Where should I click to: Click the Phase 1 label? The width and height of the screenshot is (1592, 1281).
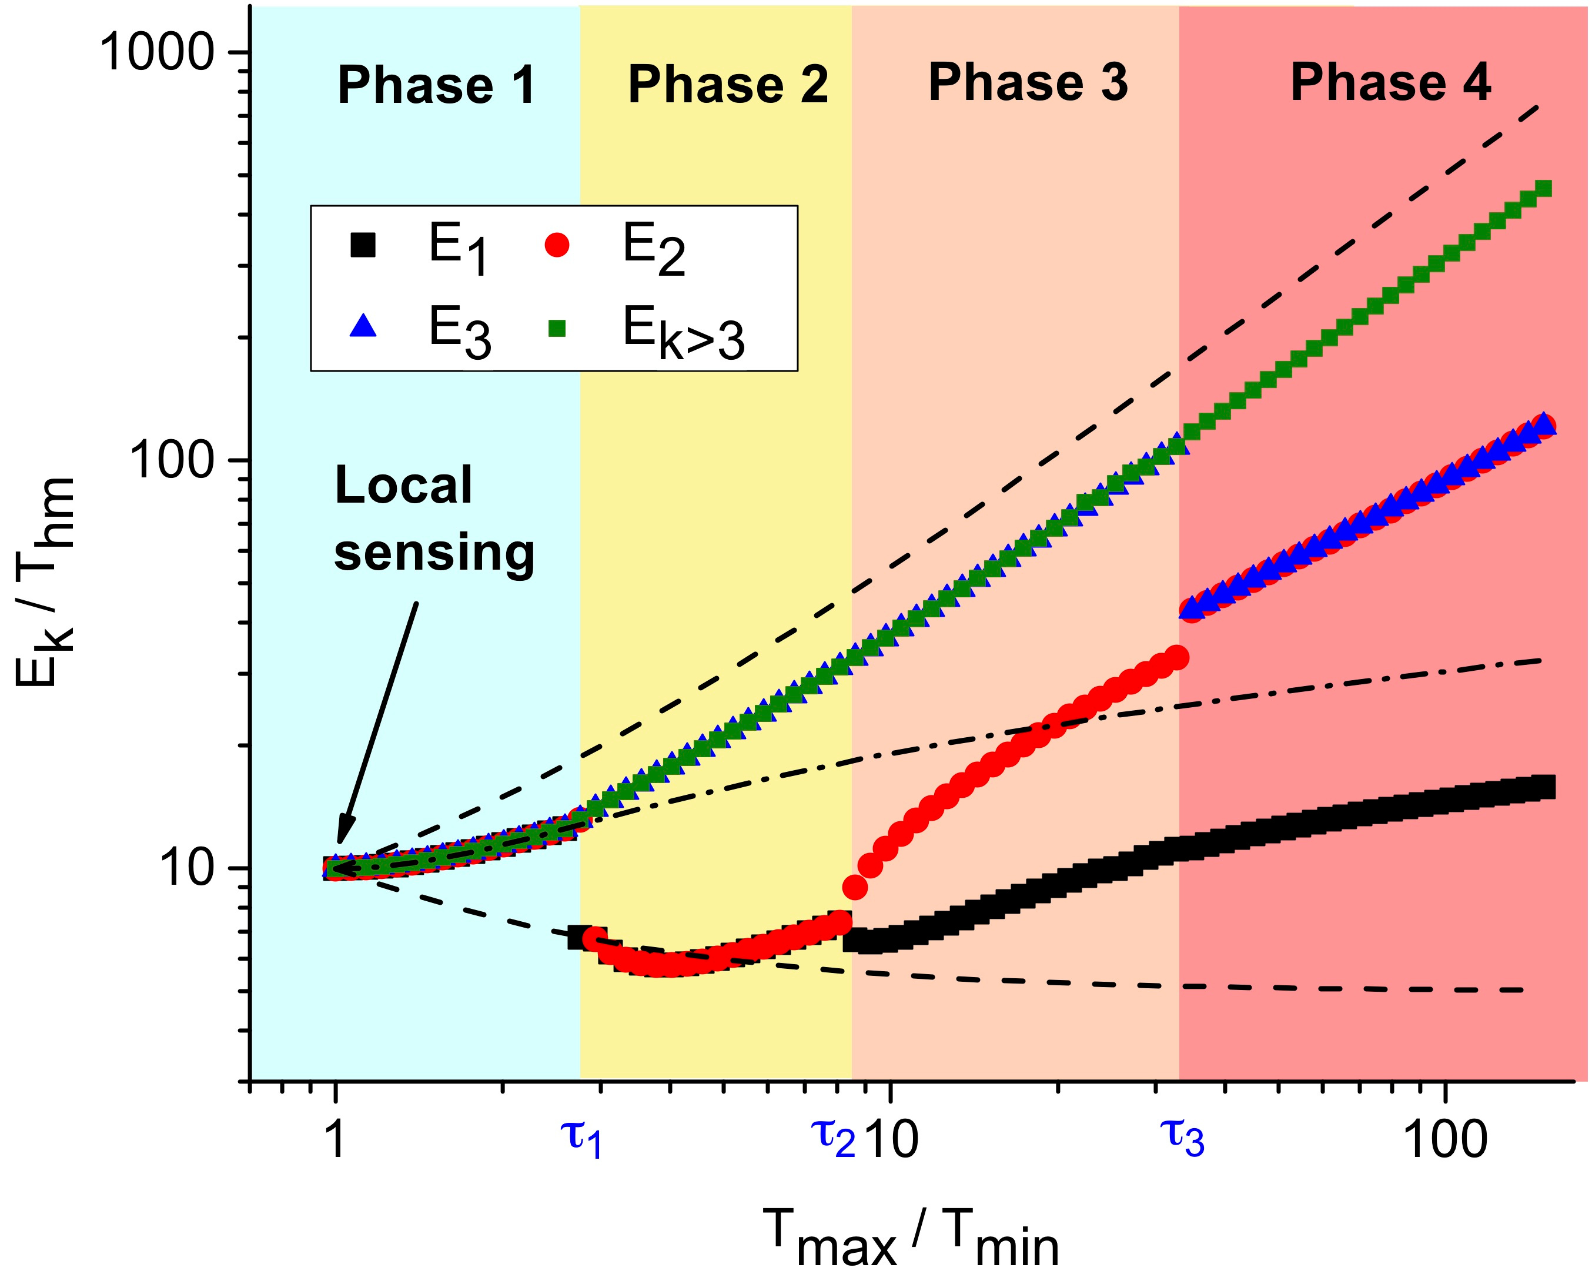436,85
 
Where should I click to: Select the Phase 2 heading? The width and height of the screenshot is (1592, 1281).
727,85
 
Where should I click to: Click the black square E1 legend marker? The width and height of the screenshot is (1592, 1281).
363,245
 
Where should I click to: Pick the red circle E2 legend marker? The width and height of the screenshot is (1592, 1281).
557,245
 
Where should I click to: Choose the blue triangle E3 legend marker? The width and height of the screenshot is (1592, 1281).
363,326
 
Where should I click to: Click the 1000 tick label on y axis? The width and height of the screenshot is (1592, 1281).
158,52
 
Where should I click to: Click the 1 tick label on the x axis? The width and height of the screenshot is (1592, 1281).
336,1139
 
